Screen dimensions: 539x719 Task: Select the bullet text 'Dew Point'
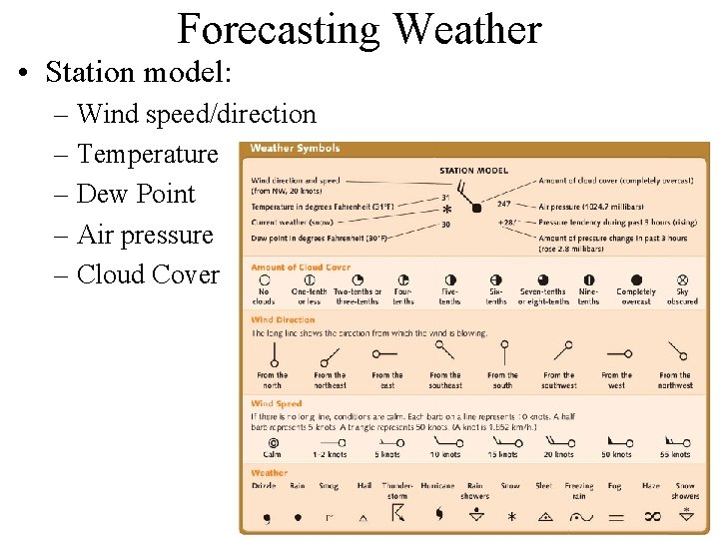pyautogui.click(x=136, y=194)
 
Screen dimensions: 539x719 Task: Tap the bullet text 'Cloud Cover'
pyautogui.click(x=148, y=274)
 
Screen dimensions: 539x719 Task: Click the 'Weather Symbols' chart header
pyautogui.click(x=295, y=149)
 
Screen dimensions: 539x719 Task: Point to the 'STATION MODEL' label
pyautogui.click(x=473, y=171)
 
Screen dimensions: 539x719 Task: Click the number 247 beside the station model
pyautogui.click(x=504, y=203)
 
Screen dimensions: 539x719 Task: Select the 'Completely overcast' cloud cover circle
pyautogui.click(x=636, y=280)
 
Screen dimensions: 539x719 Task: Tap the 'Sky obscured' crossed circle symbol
pyautogui.click(x=683, y=280)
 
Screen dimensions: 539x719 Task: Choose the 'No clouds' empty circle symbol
pyautogui.click(x=264, y=280)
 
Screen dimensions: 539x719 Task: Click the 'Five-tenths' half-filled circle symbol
pyautogui.click(x=449, y=280)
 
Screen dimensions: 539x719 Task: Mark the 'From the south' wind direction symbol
pyautogui.click(x=503, y=354)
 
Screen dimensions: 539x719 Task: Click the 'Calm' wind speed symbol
pyautogui.click(x=272, y=442)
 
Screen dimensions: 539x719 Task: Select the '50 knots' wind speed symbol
pyautogui.click(x=616, y=440)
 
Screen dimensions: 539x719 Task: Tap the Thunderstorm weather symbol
pyautogui.click(x=397, y=513)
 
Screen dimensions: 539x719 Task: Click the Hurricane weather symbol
pyautogui.click(x=437, y=514)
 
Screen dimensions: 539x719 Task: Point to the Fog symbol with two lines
pyautogui.click(x=615, y=517)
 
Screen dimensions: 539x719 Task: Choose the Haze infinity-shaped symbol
pyautogui.click(x=652, y=516)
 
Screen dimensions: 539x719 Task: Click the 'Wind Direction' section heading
pyautogui.click(x=283, y=320)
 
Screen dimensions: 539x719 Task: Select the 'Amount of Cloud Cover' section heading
pyautogui.click(x=301, y=268)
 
